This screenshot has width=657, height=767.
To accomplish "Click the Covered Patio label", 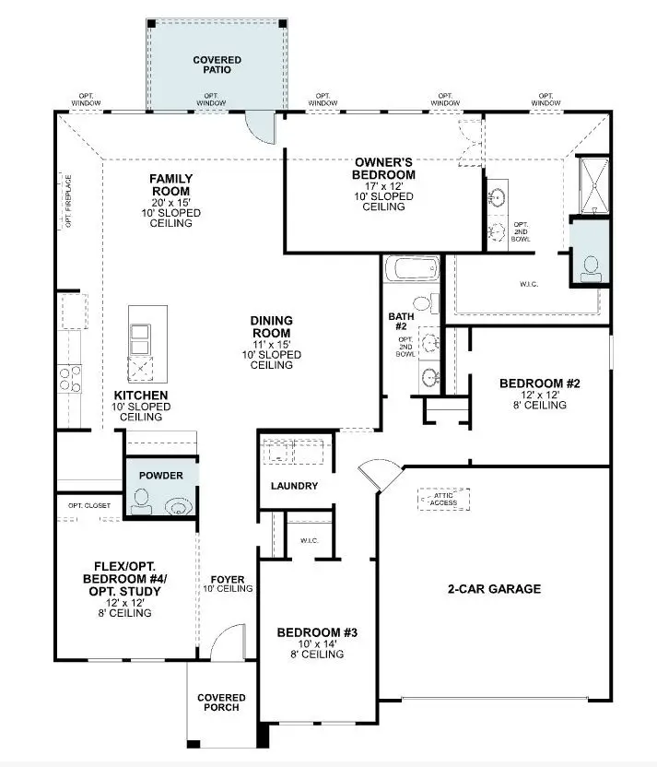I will click(x=217, y=65).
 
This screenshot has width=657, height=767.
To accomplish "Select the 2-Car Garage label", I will click(x=494, y=589).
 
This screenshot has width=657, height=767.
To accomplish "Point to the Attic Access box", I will click(x=444, y=499).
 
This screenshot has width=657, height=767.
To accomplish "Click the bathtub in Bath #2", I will click(x=412, y=270).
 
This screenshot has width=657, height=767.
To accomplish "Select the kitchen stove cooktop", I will click(x=69, y=377).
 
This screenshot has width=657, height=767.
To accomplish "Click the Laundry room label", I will click(x=294, y=486).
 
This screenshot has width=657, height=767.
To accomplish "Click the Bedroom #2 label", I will click(x=539, y=383).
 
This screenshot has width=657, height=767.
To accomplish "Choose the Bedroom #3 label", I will click(x=316, y=633).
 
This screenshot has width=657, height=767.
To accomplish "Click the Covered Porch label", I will click(x=221, y=702).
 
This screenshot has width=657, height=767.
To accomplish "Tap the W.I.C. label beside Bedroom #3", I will click(x=309, y=540).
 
